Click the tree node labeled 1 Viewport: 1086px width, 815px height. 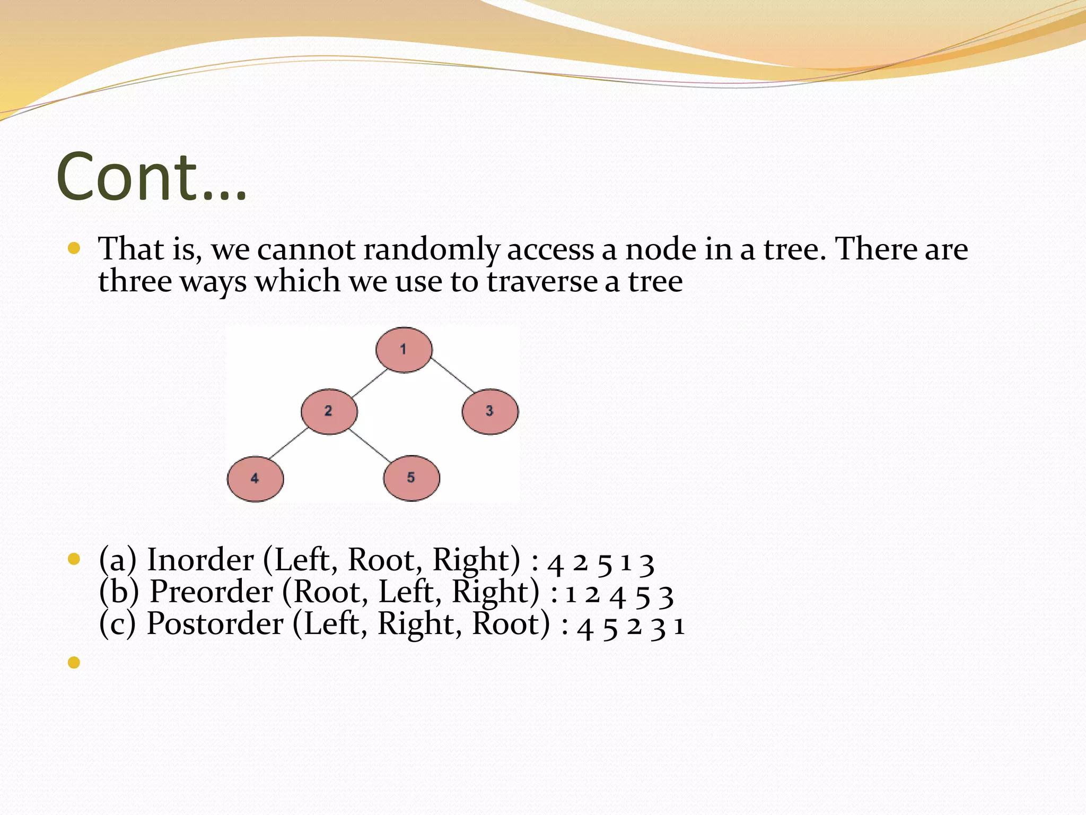click(x=404, y=350)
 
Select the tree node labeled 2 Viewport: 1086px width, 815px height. click(x=329, y=411)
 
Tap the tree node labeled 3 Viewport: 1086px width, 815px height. click(x=490, y=411)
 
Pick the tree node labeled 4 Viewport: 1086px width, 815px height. click(x=255, y=479)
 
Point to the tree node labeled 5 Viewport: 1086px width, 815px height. click(x=411, y=478)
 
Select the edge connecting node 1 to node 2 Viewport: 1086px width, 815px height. click(x=370, y=383)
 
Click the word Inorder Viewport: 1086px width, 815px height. click(x=200, y=560)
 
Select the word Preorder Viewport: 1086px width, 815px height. click(x=211, y=592)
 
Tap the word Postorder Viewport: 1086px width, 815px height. click(x=215, y=623)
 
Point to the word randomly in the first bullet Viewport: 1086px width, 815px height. click(x=431, y=249)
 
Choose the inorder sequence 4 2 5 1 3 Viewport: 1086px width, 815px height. click(x=601, y=563)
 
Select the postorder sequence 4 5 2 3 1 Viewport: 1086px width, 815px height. click(x=631, y=627)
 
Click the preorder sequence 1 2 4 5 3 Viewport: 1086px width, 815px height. click(x=619, y=595)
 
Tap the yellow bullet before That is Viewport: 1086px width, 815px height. click(x=74, y=248)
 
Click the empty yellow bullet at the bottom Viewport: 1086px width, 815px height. click(x=74, y=662)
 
